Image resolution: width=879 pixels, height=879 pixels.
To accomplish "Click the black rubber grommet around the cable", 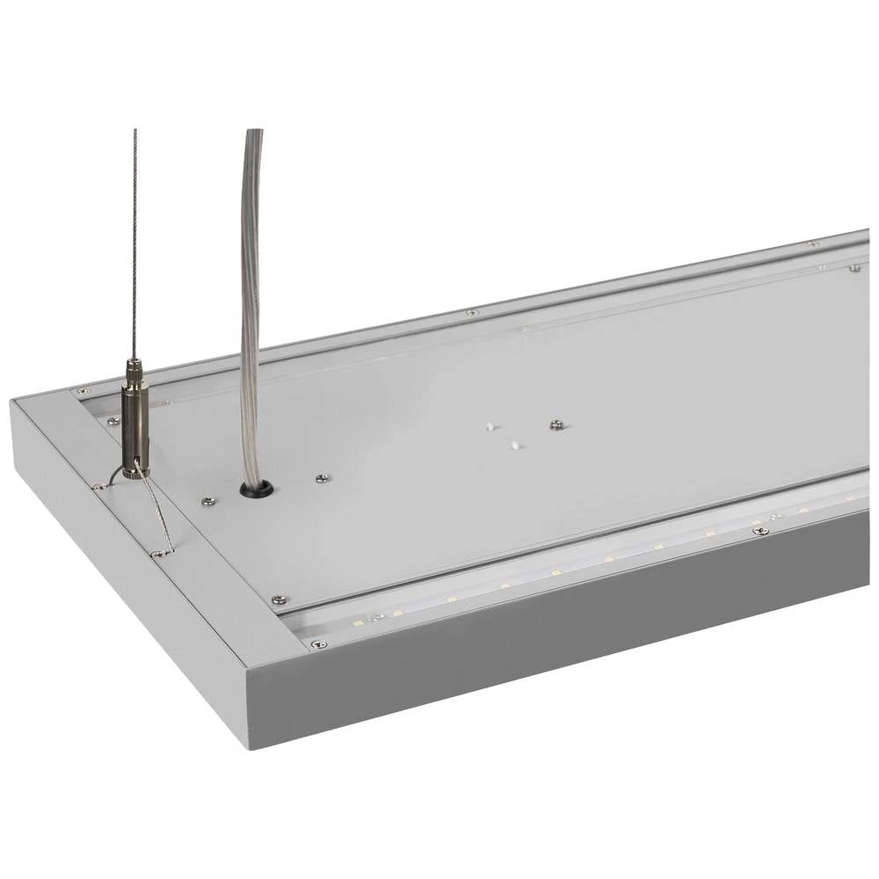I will click(x=257, y=488).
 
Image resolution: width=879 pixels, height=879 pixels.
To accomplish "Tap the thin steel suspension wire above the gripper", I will click(x=134, y=246).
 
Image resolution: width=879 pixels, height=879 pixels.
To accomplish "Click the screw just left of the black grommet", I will click(x=207, y=501).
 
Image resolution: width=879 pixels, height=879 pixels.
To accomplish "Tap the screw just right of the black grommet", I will click(x=323, y=478).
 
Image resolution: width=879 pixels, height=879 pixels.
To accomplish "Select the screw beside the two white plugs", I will click(x=556, y=425).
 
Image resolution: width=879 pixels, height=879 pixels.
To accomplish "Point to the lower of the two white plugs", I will click(x=517, y=445).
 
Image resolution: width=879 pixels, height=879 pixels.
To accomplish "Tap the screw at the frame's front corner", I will click(x=318, y=644).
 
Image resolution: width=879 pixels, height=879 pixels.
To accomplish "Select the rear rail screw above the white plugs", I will click(x=471, y=312).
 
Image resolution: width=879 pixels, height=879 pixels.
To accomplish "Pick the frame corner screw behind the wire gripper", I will click(x=82, y=390).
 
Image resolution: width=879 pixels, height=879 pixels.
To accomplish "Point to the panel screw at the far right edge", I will click(x=854, y=267).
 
